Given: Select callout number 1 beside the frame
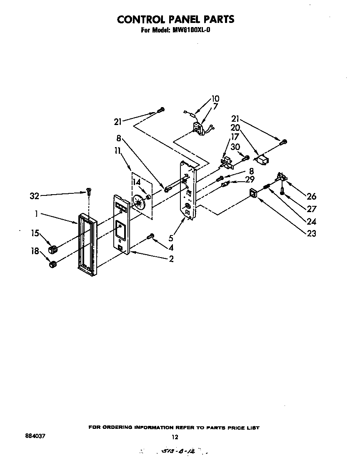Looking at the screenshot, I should click(37, 214).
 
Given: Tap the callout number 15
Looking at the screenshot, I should click(35, 233).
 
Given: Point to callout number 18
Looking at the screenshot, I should click(35, 251).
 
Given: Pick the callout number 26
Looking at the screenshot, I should click(311, 196).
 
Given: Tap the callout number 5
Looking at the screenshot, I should click(171, 239).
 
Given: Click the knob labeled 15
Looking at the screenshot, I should click(52, 249).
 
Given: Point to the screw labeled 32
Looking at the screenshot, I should click(88, 192).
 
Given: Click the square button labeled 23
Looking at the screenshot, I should click(252, 193).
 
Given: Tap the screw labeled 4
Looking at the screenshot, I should click(151, 237).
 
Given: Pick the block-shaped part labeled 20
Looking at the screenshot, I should click(261, 160).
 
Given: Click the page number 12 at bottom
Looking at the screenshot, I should click(175, 437).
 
